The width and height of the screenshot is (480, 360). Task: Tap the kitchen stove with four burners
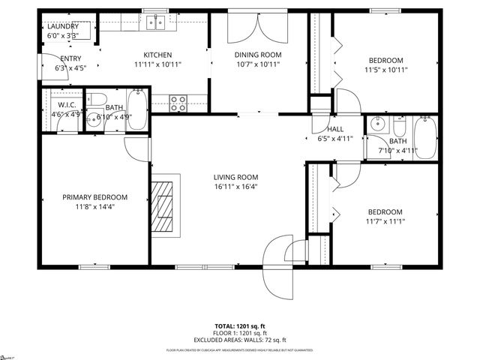point(178,103)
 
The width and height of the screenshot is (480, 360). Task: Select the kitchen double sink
point(156,22)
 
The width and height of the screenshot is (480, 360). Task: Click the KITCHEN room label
point(158,55)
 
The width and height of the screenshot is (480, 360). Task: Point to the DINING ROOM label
point(257,55)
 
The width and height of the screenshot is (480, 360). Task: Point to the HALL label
point(334,129)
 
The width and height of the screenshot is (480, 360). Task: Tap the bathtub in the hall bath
point(425,137)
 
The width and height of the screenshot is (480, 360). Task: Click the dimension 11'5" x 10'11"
point(385,70)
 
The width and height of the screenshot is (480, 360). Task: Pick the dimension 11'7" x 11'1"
point(385,221)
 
